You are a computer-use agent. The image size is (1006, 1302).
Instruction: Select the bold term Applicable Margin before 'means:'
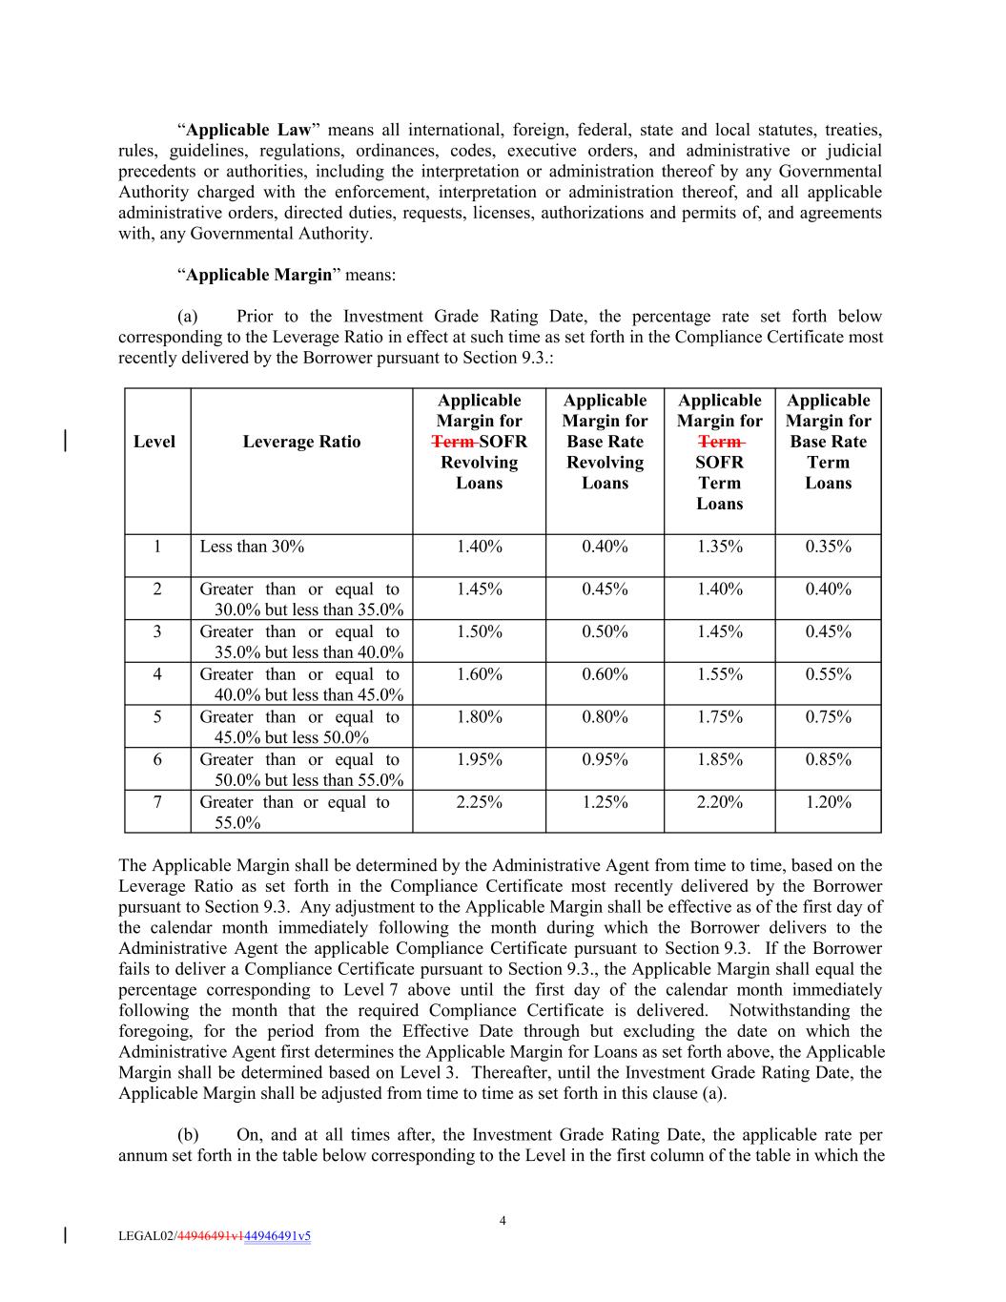pos(258,275)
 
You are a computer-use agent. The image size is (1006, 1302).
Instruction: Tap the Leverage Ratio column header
pos(301,442)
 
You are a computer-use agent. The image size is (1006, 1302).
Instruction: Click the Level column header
pos(154,442)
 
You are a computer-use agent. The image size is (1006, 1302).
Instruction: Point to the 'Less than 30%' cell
pos(252,547)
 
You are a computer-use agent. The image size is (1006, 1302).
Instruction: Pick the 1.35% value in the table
pos(719,547)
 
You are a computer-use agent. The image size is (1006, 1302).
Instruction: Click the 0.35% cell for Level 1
pos(828,547)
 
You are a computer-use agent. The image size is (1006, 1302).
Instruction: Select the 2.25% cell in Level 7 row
pos(479,802)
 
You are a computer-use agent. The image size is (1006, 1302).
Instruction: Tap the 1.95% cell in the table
pos(479,759)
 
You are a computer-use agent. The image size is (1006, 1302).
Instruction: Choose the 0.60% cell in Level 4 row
pos(605,674)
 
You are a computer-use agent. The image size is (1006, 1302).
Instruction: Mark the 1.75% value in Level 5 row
pos(719,717)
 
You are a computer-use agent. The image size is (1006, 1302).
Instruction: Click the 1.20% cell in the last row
pos(828,802)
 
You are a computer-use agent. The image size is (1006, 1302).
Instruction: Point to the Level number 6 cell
pos(157,759)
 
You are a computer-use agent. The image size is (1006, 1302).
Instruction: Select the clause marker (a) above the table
pos(187,317)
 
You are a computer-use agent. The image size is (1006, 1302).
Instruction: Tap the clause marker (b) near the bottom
pos(188,1135)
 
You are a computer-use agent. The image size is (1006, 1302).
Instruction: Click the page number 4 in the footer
pos(503,1221)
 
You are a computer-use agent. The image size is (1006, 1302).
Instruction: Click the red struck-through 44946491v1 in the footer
pos(210,1236)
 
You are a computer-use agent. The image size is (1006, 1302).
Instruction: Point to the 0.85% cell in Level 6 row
pos(828,759)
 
